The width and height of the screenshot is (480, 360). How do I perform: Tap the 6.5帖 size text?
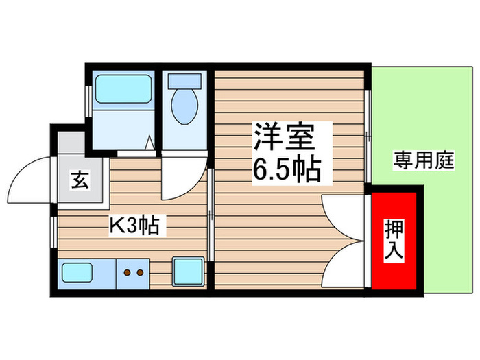[x=287, y=169]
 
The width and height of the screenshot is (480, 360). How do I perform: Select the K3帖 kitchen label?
[x=134, y=226]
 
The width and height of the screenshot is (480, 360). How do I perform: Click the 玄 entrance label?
[x=80, y=182]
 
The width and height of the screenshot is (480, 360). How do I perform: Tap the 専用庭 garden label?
[x=424, y=162]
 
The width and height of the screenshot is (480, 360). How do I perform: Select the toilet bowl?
[x=184, y=108]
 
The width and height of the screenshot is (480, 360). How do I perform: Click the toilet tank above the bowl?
[x=184, y=80]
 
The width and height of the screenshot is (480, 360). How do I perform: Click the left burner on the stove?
[x=127, y=272]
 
